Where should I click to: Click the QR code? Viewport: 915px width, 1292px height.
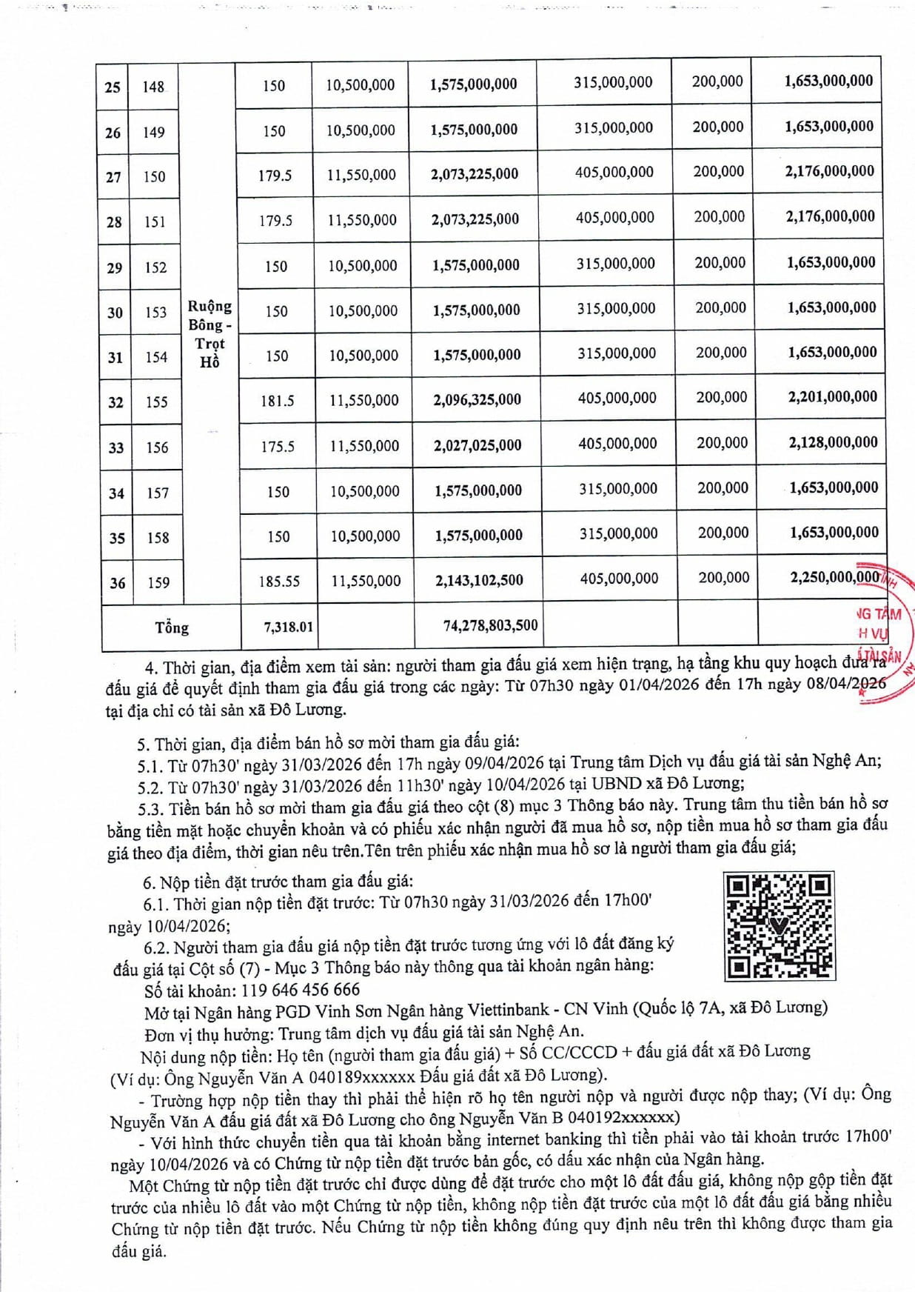780,926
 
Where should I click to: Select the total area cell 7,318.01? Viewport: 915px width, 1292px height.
288,627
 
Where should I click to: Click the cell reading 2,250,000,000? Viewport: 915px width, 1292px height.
834,577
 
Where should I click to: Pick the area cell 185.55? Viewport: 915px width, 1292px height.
279,582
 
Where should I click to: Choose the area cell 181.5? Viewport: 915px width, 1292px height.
277,401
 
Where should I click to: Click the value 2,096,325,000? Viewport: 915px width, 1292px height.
477,400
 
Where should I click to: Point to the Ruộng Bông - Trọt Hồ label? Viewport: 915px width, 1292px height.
210,333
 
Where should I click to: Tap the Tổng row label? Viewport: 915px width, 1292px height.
172,627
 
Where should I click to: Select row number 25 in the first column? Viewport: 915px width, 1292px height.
113,87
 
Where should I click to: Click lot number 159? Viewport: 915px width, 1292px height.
158,582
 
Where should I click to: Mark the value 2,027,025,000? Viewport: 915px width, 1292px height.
477,445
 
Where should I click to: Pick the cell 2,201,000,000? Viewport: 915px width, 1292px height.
832,397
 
